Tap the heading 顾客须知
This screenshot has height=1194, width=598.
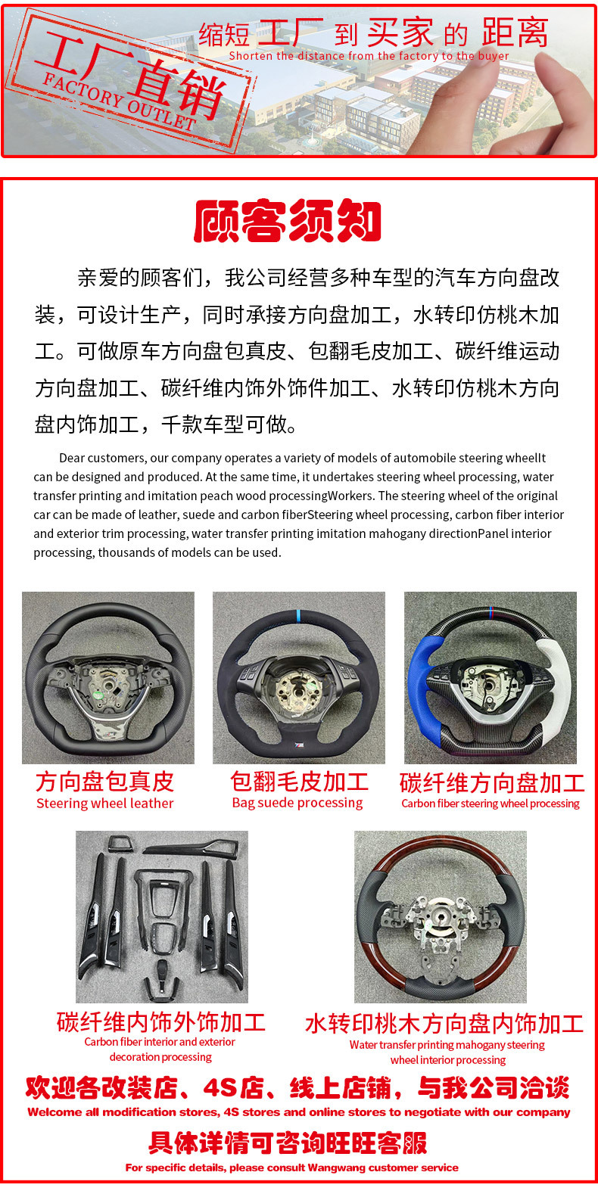pos(288,221)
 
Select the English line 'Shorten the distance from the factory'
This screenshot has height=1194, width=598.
pos(369,56)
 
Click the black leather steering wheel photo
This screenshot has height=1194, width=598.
pos(108,677)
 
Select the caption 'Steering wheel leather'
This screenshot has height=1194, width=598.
pos(105,804)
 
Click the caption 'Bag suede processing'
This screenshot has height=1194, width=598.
pos(297,803)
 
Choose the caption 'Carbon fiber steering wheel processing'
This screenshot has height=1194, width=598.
pos(491,804)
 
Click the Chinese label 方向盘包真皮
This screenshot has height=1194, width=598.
pos(104,782)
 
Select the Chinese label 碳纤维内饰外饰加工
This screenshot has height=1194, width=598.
pos(161,1022)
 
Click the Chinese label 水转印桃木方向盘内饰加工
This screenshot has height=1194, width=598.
pos(444,1024)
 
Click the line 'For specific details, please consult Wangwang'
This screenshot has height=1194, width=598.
pos(291,1168)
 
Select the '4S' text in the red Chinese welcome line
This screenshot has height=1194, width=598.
pos(220,1088)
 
